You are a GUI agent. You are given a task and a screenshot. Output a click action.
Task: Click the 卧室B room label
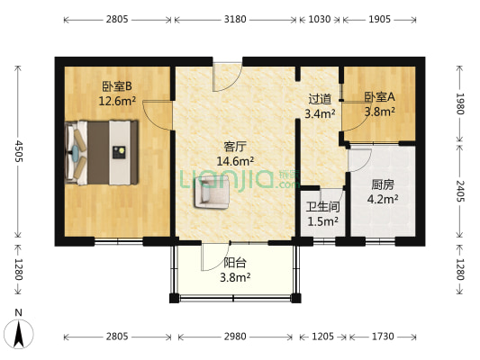tap(117, 86)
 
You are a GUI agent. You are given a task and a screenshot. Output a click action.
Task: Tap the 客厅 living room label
tap(235, 147)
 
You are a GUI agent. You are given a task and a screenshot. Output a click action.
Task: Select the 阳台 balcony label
tap(236, 264)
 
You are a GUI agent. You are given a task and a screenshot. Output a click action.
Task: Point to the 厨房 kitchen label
tap(383, 184)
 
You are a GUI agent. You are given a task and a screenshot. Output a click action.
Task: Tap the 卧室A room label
tap(378, 97)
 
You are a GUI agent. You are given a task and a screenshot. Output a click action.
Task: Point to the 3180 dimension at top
tap(235, 18)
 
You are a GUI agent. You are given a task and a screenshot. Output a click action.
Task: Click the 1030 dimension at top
tap(319, 18)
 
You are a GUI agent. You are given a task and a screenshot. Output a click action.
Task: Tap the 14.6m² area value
tap(235, 162)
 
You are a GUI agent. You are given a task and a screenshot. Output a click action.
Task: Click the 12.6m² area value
tap(117, 101)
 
